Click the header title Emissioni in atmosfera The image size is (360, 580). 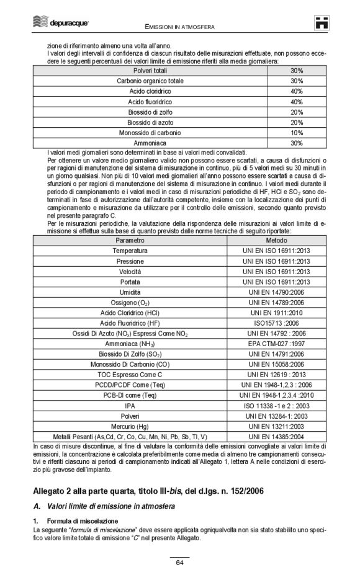[180, 27]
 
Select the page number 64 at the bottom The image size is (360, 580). [179, 562]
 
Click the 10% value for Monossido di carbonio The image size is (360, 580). [296, 133]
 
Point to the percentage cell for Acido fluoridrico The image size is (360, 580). [296, 101]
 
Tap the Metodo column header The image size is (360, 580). [276, 240]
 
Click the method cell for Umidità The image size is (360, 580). [276, 292]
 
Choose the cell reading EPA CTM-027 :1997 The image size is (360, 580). [276, 343]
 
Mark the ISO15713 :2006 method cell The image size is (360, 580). [276, 323]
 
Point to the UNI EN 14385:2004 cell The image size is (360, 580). [276, 436]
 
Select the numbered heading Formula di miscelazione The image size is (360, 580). [82, 520]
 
